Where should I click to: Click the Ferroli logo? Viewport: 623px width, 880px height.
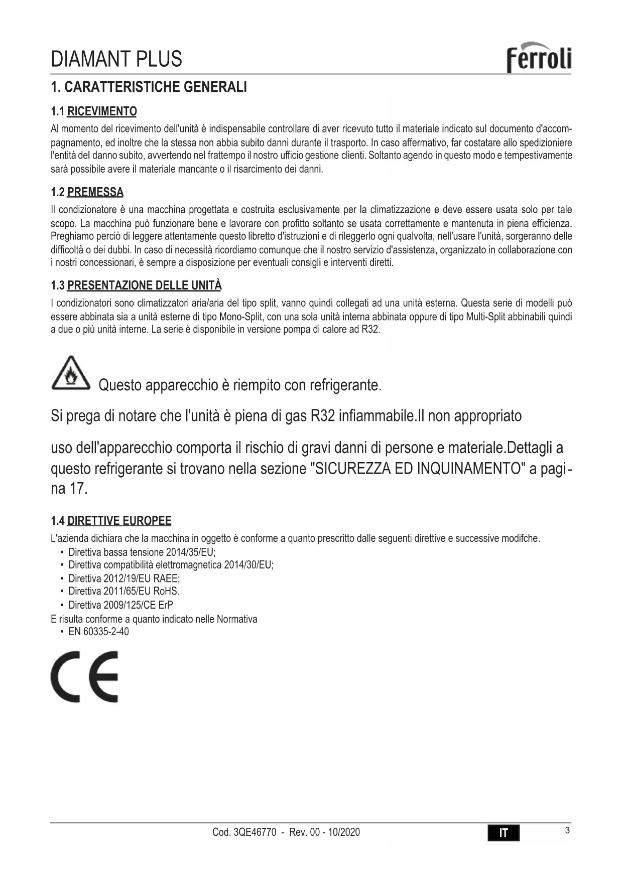point(539,58)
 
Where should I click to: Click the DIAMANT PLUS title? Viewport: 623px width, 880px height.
point(116,59)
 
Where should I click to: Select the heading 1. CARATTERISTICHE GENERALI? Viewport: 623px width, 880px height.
point(149,87)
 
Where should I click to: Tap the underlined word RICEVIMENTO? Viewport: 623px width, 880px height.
point(102,111)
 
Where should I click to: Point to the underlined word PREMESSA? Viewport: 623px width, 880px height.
point(95,192)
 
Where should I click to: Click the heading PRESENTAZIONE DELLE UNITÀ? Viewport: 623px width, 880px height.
point(144,285)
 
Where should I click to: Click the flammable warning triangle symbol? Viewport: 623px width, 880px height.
point(71,374)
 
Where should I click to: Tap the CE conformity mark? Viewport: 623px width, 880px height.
point(84,677)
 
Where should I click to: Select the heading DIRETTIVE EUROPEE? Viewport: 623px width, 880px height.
point(119,521)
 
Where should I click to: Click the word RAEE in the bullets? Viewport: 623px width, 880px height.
point(166,578)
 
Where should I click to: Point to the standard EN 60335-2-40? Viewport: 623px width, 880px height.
point(98,632)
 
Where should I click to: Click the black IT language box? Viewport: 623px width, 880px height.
point(504,833)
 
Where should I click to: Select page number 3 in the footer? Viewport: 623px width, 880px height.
point(567,830)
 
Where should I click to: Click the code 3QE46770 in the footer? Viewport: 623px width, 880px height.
point(255,832)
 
